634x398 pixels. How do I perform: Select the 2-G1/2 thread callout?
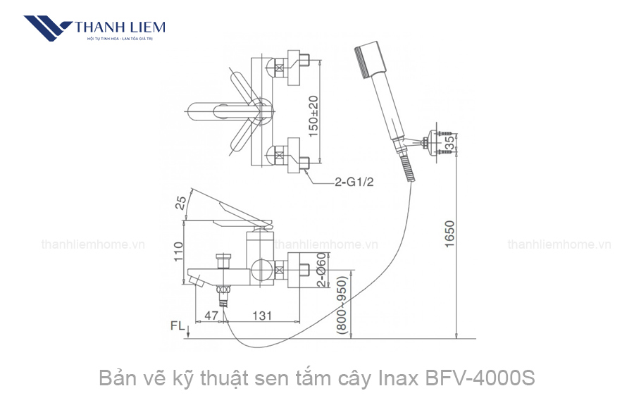pyautogui.click(x=354, y=182)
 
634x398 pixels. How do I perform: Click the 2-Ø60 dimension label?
pyautogui.click(x=321, y=270)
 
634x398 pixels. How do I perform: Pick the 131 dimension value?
pyautogui.click(x=261, y=316)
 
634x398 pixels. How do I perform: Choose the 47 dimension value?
pyautogui.click(x=210, y=316)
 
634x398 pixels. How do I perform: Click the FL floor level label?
pyautogui.click(x=178, y=327)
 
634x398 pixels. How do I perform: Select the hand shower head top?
pyautogui.click(x=370, y=56)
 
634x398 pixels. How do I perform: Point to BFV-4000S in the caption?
pyautogui.click(x=480, y=378)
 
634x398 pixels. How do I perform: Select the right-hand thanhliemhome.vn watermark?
pyautogui.click(x=559, y=244)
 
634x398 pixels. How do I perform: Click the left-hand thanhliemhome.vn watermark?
pyautogui.click(x=93, y=244)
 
